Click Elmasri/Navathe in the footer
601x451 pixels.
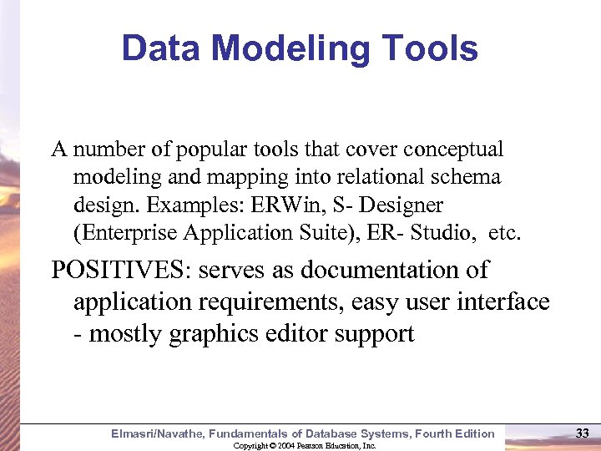click(157, 433)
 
